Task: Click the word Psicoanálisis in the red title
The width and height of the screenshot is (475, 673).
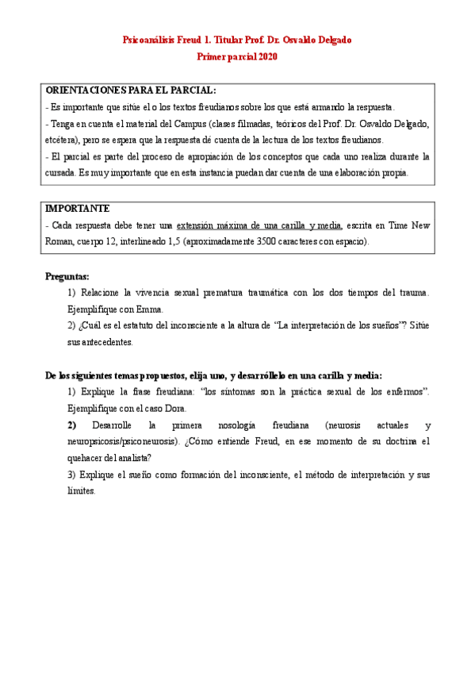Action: [151, 39]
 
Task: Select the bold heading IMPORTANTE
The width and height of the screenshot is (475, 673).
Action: [77, 209]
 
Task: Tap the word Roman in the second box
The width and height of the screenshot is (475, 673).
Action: [62, 241]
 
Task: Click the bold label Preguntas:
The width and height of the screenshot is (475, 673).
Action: [67, 276]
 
